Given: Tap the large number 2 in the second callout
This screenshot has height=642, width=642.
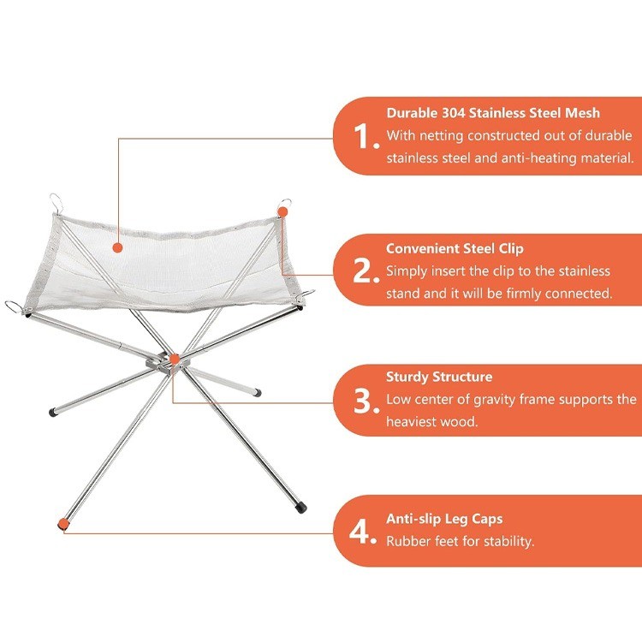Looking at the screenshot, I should click(366, 270).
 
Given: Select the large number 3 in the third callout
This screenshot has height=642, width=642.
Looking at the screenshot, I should click(366, 400).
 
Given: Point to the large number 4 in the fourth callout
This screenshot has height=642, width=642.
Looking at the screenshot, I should click(366, 530).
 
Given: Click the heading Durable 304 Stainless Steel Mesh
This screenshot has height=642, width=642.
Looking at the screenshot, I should click(492, 112).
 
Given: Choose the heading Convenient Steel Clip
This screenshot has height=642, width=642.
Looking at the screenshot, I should click(455, 248).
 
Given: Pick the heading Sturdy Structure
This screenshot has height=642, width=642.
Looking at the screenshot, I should click(439, 377).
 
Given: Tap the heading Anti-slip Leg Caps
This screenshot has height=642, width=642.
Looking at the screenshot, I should click(444, 519).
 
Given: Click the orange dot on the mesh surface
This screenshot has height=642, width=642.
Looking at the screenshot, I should click(117, 247).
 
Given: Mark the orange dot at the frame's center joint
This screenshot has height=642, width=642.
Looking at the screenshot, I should click(175, 360).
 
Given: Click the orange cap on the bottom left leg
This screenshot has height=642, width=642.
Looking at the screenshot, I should click(62, 523).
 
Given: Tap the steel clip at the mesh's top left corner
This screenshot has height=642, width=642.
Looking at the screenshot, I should click(55, 203).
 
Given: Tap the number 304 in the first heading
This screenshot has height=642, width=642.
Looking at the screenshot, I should click(458, 112).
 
